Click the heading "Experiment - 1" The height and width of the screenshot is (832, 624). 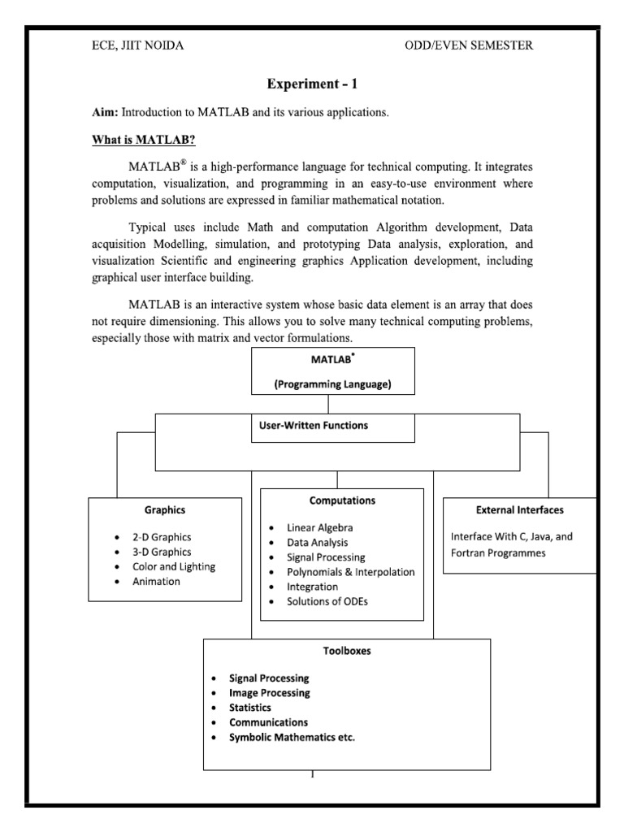click(x=312, y=84)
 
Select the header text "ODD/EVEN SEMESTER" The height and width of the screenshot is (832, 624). click(x=469, y=45)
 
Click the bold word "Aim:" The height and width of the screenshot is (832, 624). click(x=104, y=112)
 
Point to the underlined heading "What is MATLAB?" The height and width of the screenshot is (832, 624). click(x=144, y=140)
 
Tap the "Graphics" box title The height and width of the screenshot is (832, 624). click(x=165, y=510)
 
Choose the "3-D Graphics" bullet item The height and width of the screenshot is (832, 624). click(x=162, y=552)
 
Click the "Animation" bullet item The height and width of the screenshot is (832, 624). click(x=156, y=582)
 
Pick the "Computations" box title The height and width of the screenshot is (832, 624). click(x=342, y=500)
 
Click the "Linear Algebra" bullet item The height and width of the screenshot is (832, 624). click(x=320, y=527)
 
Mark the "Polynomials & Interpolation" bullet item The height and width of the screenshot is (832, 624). click(x=351, y=572)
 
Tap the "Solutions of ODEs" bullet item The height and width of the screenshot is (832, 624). click(x=331, y=601)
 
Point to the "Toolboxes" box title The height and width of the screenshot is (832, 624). click(x=347, y=651)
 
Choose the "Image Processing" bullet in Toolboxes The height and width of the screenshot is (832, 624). click(x=269, y=693)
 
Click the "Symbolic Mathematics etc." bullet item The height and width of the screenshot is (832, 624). click(x=292, y=737)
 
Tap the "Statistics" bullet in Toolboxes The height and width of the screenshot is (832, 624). click(x=250, y=708)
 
